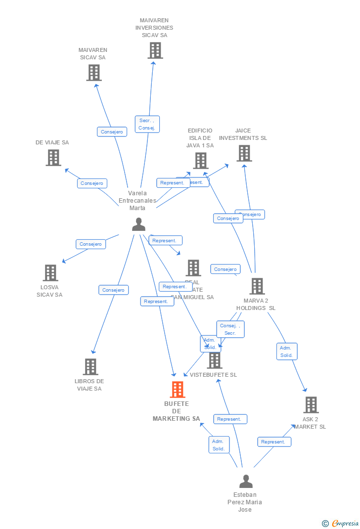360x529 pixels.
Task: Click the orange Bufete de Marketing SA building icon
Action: [x=178, y=390]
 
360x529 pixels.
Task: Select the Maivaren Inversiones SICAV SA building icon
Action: [x=155, y=50]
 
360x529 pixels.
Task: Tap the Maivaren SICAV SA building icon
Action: [x=93, y=73]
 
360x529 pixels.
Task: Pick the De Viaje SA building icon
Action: [x=53, y=158]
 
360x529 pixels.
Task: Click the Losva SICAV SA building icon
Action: [x=50, y=273]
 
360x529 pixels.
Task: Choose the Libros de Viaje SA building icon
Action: [x=90, y=367]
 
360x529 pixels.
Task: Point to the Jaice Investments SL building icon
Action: [x=244, y=153]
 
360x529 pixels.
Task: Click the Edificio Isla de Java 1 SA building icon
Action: [x=200, y=161]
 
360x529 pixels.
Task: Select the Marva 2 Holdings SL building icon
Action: [x=257, y=286]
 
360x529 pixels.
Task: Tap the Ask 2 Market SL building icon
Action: [x=311, y=405]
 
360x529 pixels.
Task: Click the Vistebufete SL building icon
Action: [x=214, y=360]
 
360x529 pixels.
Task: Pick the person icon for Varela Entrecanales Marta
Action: [x=138, y=224]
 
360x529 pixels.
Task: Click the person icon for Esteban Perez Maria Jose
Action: [x=245, y=481]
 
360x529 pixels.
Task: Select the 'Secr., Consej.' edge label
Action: [x=147, y=124]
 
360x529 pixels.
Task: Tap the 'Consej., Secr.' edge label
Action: [x=230, y=329]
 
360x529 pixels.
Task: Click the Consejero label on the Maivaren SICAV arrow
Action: [x=112, y=132]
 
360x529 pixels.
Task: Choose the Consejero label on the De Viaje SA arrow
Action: [x=92, y=183]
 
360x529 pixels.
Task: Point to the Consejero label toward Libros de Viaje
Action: [x=114, y=290]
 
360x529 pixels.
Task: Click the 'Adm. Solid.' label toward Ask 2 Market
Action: [x=287, y=352]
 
